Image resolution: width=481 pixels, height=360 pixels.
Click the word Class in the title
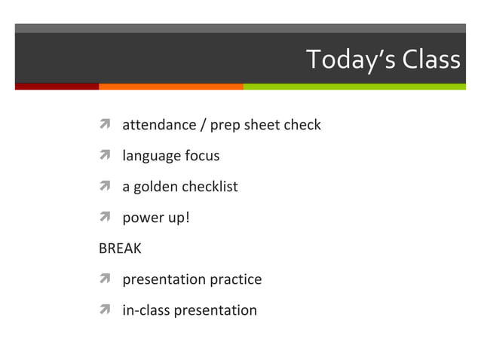coord(430,59)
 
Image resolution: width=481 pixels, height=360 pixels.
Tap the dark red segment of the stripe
coord(57,87)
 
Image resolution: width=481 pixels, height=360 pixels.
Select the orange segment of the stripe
coord(170,87)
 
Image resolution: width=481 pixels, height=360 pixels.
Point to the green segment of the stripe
coord(354,87)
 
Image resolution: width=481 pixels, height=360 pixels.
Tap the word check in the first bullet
coord(302,125)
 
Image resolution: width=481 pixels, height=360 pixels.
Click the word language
coord(151,156)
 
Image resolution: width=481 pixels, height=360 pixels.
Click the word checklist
coord(211,187)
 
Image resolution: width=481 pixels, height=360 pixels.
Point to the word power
coord(139,218)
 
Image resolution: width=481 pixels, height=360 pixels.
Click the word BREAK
coord(120,249)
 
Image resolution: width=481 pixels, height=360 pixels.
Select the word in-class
coord(146,310)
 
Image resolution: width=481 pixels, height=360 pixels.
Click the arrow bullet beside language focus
coord(106,156)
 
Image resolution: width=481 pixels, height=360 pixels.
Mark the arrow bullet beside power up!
coord(106,218)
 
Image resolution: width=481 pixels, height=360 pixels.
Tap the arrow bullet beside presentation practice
coord(106,279)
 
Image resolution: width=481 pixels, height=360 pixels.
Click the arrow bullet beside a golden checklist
coord(106,187)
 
